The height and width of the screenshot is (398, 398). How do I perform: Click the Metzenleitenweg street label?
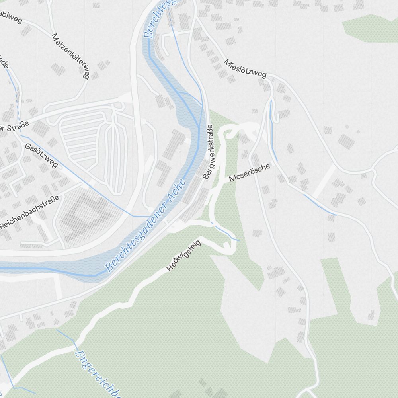tap(70, 56)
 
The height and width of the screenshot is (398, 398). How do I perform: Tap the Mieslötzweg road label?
tap(245, 68)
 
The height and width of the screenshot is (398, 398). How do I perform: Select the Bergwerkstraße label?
tap(208, 152)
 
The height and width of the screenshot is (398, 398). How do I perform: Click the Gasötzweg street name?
tap(41, 155)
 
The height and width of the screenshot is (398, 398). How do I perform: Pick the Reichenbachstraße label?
tap(30, 212)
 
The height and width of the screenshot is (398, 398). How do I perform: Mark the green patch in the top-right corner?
tap(370, 28)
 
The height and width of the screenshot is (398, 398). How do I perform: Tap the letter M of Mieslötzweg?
tap(227, 62)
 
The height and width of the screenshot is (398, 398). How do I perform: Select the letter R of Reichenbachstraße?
tap(3, 226)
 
